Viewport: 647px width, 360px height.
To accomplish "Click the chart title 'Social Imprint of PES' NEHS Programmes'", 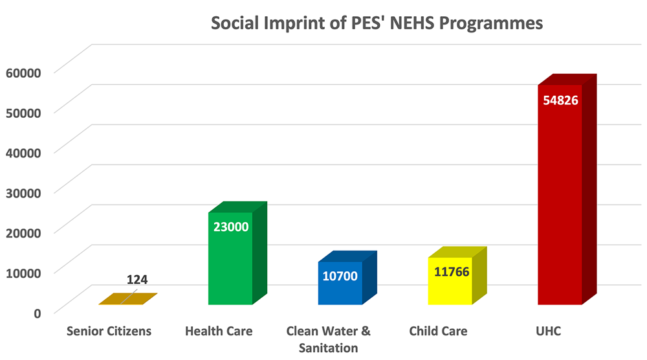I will click(x=377, y=24).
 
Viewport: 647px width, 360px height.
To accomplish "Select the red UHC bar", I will click(x=560, y=207).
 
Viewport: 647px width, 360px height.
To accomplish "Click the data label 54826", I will click(x=560, y=100).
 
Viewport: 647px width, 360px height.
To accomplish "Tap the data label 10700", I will click(x=340, y=276).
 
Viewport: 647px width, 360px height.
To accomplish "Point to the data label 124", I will click(x=137, y=280).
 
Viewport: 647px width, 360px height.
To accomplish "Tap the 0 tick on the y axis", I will click(x=37, y=312).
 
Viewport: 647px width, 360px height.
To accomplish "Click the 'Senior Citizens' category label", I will click(x=109, y=332).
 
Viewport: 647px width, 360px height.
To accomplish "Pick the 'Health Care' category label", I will click(x=219, y=332).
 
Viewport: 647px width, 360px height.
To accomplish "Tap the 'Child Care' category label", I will click(x=438, y=332).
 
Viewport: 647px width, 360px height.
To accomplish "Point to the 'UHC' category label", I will click(x=549, y=332).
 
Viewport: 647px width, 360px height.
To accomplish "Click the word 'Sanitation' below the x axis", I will click(x=328, y=348).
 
